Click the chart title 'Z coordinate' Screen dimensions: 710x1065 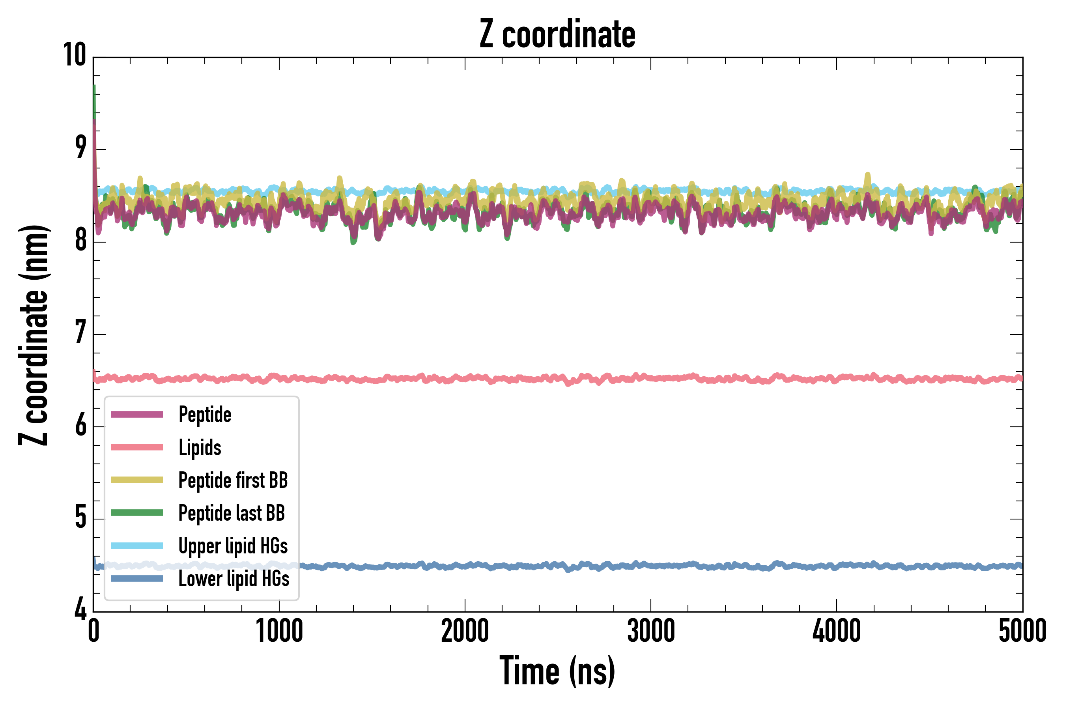[x=557, y=34]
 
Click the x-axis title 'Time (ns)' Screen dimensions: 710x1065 [x=557, y=671]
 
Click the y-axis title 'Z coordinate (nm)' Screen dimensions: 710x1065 [x=34, y=335]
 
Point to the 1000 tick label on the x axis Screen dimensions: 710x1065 [x=279, y=631]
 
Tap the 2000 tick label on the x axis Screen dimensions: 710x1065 [x=465, y=631]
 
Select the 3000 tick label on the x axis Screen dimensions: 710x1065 [x=651, y=631]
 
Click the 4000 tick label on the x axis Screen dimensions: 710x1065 [x=836, y=631]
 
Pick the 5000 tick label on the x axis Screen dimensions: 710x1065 [x=1022, y=631]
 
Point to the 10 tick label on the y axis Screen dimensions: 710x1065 [x=74, y=55]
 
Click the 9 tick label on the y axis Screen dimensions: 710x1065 [x=80, y=148]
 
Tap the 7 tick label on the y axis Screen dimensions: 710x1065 [x=80, y=333]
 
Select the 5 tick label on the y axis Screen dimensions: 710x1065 [x=80, y=518]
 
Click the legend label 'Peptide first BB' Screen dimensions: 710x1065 [x=233, y=480]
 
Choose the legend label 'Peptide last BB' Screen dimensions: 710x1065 [x=232, y=513]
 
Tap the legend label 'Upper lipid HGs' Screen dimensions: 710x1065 [x=233, y=546]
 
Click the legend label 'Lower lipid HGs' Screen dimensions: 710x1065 [x=234, y=579]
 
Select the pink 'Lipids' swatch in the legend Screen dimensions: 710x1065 [x=137, y=447]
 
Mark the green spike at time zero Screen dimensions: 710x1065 [x=94, y=97]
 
